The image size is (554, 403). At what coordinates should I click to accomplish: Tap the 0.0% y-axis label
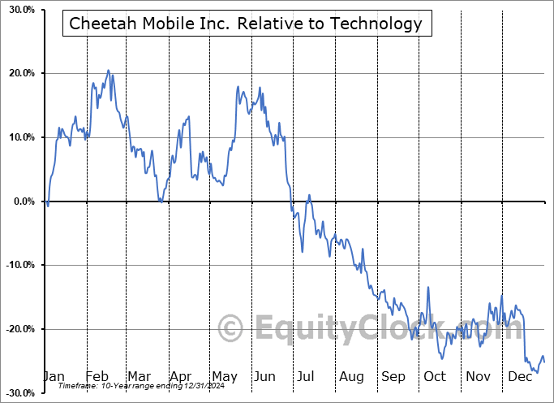pos(20,201)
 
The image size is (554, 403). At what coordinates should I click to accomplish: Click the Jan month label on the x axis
pos(53,376)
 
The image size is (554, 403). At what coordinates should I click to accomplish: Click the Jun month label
pos(264,376)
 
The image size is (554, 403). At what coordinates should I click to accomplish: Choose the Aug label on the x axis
pos(351,376)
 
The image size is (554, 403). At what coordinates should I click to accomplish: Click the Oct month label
pos(435,376)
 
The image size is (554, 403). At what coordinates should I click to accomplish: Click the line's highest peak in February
pos(108,70)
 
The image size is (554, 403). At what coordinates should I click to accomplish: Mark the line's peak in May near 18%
pos(238,86)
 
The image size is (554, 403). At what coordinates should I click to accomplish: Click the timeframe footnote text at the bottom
pos(128,387)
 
